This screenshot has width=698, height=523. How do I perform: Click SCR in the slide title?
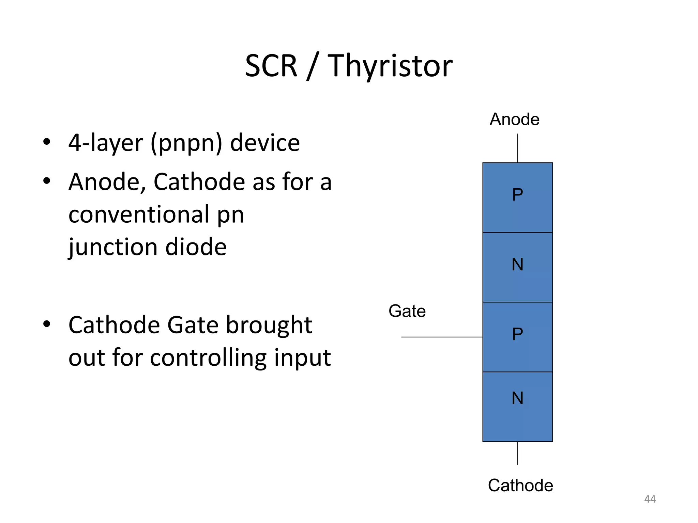tap(271, 66)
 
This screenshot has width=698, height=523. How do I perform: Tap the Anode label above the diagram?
tap(514, 120)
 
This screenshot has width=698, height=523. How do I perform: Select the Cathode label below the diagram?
tap(520, 485)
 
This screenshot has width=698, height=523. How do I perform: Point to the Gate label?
tap(407, 311)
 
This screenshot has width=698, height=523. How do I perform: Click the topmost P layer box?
tap(517, 197)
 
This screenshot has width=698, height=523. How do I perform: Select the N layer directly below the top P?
tap(517, 267)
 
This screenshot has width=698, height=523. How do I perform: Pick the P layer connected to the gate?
tap(517, 337)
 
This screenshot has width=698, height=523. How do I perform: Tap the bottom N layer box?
tap(517, 407)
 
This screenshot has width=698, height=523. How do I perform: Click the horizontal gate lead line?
tap(442, 337)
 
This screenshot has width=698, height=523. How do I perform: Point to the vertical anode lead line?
tap(517, 148)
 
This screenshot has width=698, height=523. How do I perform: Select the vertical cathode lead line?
tap(517, 453)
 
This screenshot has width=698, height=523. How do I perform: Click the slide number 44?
tap(650, 499)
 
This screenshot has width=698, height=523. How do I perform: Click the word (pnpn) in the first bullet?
tap(186, 143)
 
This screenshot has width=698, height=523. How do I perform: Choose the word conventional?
tap(139, 215)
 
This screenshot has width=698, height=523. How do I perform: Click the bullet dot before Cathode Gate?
tap(47, 324)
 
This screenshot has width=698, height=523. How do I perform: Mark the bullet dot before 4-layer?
tap(47, 141)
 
